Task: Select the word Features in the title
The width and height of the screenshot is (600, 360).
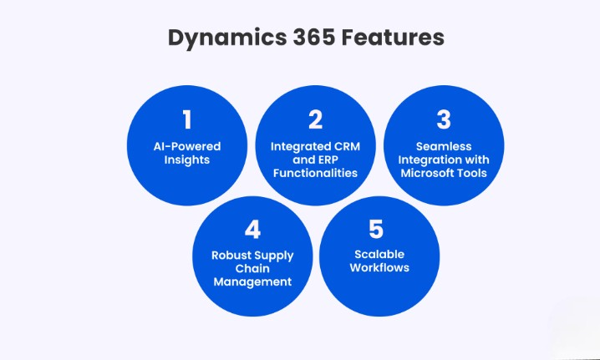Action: [389, 38]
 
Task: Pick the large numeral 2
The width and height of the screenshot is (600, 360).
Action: [315, 119]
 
